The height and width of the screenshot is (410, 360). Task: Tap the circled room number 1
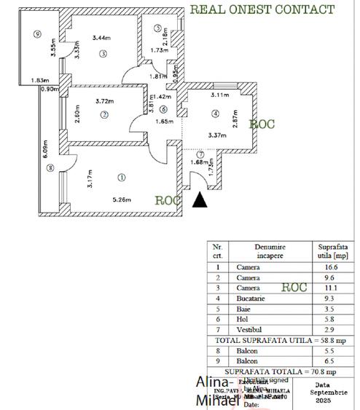click(x=121, y=176)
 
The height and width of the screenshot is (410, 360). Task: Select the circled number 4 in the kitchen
click(x=215, y=113)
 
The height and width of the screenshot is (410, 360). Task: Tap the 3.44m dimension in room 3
click(x=102, y=38)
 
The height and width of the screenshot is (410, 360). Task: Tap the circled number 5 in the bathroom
click(x=158, y=28)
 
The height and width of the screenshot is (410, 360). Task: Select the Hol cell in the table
click(x=243, y=319)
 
